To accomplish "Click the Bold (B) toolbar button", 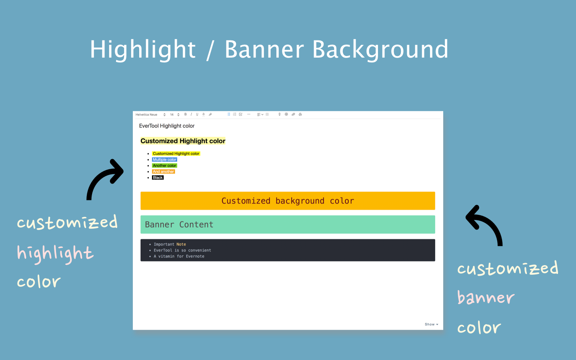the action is pyautogui.click(x=186, y=114).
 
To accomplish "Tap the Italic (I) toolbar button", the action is pyautogui.click(x=191, y=114).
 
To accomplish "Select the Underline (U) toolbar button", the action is pyautogui.click(x=197, y=114).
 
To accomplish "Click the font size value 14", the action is pyautogui.click(x=172, y=115).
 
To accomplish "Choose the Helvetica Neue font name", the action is pyautogui.click(x=146, y=115).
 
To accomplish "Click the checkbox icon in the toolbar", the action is pyautogui.click(x=241, y=114).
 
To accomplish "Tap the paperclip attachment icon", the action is pyautogui.click(x=293, y=114).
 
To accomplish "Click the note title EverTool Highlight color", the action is pyautogui.click(x=167, y=126).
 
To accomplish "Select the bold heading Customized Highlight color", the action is pyautogui.click(x=183, y=141).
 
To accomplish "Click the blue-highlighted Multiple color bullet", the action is pyautogui.click(x=164, y=160).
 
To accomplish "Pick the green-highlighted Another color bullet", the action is pyautogui.click(x=164, y=166).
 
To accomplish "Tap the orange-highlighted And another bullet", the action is pyautogui.click(x=164, y=172).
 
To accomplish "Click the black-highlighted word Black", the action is pyautogui.click(x=158, y=178).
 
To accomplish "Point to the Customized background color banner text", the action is pyautogui.click(x=288, y=201).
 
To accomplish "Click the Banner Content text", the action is pyautogui.click(x=179, y=224).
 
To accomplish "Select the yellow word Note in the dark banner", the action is pyautogui.click(x=181, y=244).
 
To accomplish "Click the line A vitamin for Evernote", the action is pyautogui.click(x=179, y=256).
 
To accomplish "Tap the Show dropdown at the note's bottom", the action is pyautogui.click(x=432, y=324).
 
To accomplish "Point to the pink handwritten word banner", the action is pyautogui.click(x=486, y=298).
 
